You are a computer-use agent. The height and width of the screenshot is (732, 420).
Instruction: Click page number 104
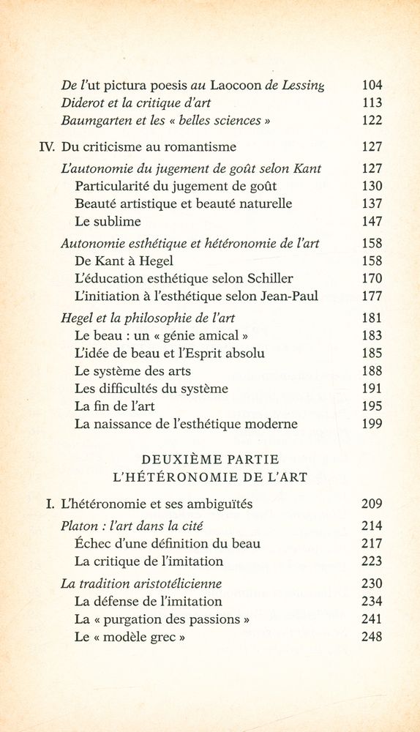[372, 85]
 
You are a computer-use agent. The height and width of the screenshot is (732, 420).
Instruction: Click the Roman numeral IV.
[47, 146]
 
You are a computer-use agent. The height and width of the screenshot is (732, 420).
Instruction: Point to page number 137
[372, 203]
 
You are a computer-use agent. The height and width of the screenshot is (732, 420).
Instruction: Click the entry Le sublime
[108, 221]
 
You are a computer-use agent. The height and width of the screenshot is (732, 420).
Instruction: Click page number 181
[372, 318]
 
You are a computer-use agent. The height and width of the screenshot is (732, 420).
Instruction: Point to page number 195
[372, 406]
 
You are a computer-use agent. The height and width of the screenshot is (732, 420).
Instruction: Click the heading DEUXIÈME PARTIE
[209, 460]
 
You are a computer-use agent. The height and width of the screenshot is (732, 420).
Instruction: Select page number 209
[372, 504]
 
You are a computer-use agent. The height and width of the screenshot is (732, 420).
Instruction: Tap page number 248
[372, 637]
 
